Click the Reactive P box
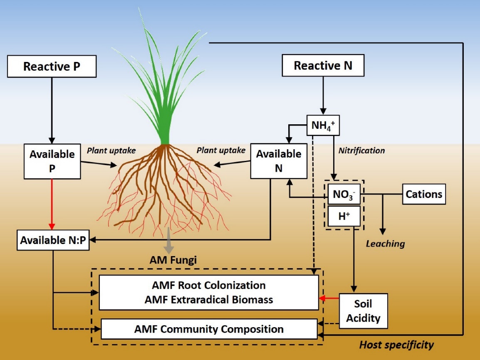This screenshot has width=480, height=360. point(52,67)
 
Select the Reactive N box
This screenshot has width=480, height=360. point(323,66)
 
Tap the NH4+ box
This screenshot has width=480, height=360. point(323,125)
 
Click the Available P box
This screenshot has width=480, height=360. point(52,161)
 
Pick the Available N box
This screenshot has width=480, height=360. point(278,161)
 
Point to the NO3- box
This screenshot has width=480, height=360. point(344,194)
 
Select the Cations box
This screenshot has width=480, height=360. point(423,194)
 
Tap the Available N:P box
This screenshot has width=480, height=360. point(54,241)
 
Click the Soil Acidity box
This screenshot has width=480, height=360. point(363,311)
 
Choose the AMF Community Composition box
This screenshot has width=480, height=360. point(209,329)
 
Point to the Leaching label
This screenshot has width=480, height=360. point(385,244)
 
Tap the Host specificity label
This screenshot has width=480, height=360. point(396,345)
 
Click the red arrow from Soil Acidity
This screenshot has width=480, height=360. point(329,298)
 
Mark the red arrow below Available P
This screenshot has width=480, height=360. point(52,204)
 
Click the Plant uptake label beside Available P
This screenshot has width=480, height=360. point(111,150)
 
